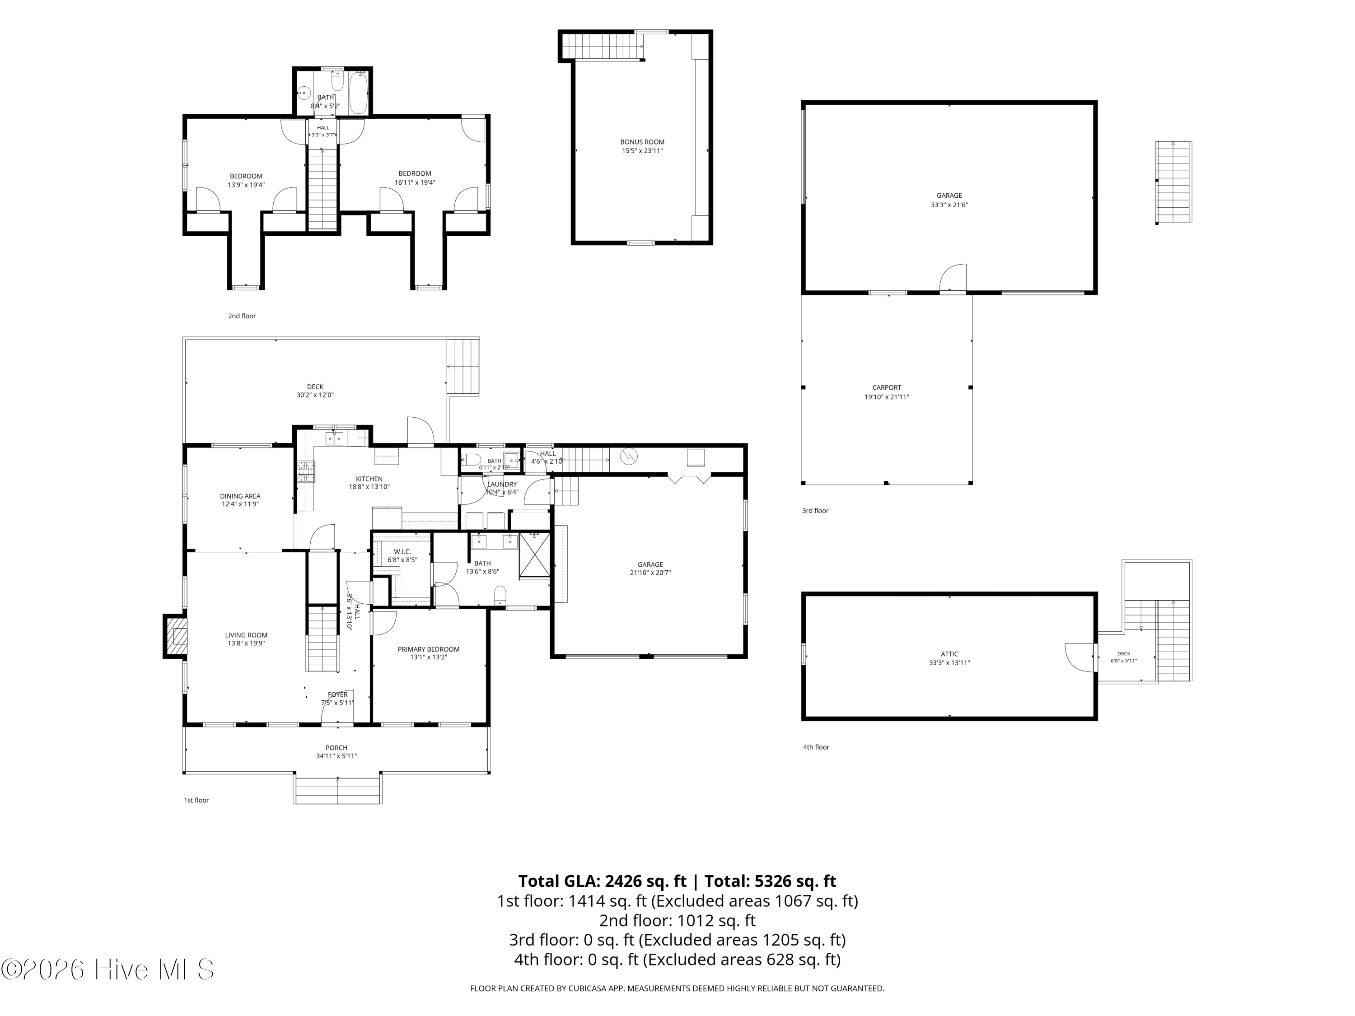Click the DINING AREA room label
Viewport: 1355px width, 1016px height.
240,496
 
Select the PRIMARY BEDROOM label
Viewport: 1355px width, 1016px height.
428,649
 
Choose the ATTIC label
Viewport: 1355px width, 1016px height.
949,654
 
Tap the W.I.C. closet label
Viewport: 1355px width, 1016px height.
402,552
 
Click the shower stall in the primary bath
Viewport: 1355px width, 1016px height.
535,555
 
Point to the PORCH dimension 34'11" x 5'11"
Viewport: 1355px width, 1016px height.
336,756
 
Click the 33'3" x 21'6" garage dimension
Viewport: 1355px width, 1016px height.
949,205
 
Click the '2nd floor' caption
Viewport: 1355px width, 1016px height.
242,316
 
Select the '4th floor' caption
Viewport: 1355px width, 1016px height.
816,747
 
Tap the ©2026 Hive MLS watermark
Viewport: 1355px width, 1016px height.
108,969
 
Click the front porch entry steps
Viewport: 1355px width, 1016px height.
338,790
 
